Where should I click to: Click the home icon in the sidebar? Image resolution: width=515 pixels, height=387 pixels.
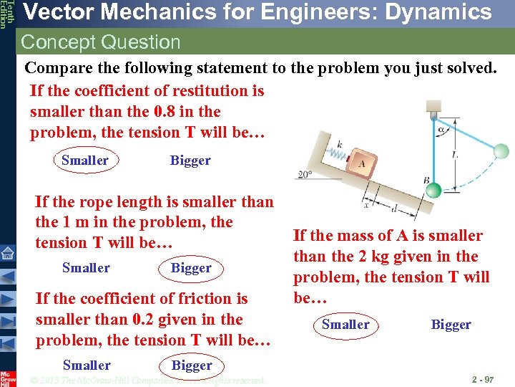[7, 253]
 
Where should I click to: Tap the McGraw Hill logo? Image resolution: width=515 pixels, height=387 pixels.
[7, 378]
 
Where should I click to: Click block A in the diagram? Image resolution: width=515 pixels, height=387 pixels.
[360, 163]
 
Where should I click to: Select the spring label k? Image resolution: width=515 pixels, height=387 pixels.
[339, 145]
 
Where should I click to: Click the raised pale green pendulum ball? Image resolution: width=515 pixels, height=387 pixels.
[501, 150]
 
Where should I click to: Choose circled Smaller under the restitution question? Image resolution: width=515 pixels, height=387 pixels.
[85, 161]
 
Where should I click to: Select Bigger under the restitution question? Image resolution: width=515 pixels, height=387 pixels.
[190, 161]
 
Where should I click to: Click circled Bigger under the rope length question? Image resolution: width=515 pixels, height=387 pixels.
[191, 268]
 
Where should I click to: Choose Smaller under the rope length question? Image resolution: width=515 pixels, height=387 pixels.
[86, 268]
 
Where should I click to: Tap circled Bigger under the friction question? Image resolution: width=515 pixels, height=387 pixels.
[192, 365]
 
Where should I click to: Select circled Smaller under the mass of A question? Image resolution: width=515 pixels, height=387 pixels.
[345, 325]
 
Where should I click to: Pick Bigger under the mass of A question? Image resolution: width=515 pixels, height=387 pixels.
[451, 325]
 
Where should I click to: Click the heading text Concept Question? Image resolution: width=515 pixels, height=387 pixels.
[101, 42]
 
